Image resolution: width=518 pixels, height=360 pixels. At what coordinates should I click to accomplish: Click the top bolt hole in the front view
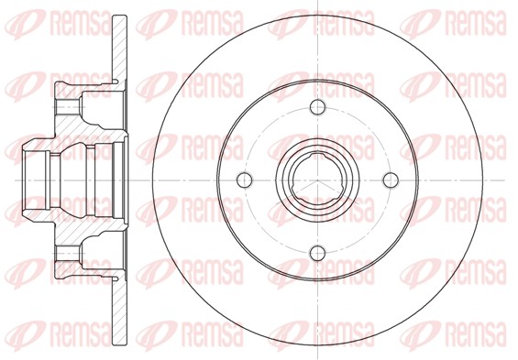318,107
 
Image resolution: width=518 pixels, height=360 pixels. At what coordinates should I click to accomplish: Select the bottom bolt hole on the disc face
318,253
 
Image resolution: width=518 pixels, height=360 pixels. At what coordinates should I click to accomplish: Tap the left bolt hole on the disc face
245,180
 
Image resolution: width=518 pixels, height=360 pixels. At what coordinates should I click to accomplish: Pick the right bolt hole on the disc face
391,180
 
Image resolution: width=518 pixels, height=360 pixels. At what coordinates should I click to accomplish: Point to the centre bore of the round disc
317,180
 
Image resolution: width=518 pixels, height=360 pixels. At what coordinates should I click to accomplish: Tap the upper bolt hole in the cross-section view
68,107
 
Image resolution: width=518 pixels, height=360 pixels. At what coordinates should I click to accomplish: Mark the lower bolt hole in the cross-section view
68,253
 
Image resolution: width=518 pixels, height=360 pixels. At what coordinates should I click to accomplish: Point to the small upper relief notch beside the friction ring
116,81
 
